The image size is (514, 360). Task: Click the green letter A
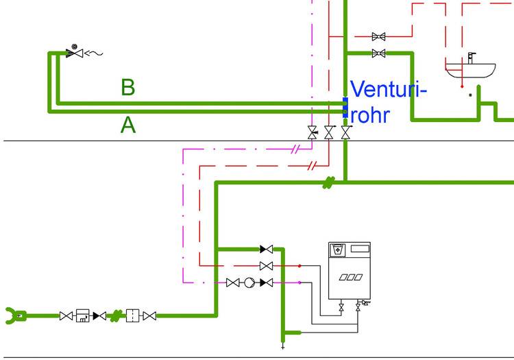(128, 125)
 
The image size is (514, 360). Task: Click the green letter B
(128, 88)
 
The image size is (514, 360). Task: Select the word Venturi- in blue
(389, 90)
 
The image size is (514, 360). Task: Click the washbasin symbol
(470, 69)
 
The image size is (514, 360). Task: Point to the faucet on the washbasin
(471, 56)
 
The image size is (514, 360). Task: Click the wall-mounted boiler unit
(349, 270)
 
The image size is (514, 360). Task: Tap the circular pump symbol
(249, 283)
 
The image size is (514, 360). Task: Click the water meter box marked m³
(83, 315)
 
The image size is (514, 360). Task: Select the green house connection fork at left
(14, 315)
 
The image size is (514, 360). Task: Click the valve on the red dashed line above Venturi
(378, 36)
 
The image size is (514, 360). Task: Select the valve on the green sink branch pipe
(378, 53)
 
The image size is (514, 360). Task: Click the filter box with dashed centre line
(133, 315)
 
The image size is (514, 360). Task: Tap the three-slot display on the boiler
(349, 278)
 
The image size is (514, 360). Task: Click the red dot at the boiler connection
(299, 265)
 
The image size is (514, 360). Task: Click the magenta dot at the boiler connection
(299, 283)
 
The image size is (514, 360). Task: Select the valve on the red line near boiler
(267, 265)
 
